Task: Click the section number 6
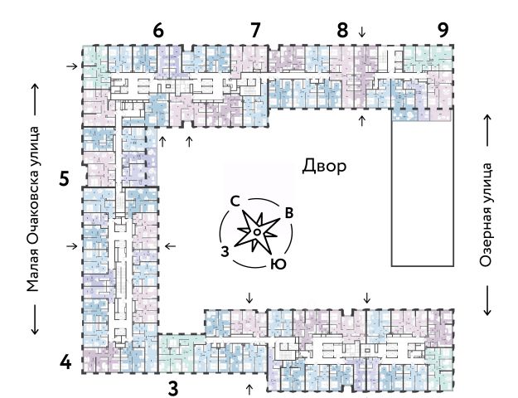tap(158, 30)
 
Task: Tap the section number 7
tap(255, 30)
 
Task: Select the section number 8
tap(342, 30)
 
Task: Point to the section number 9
tap(443, 30)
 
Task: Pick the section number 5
tap(64, 178)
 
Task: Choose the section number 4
tap(65, 362)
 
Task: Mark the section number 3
tap(173, 386)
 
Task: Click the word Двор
tap(324, 166)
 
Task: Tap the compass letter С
tap(235, 201)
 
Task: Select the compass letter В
tap(288, 212)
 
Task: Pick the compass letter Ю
tap(279, 265)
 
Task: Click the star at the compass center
tap(257, 233)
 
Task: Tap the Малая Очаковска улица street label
tap(33, 208)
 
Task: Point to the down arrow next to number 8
tap(361, 32)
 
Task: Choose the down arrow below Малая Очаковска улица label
tap(34, 318)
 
